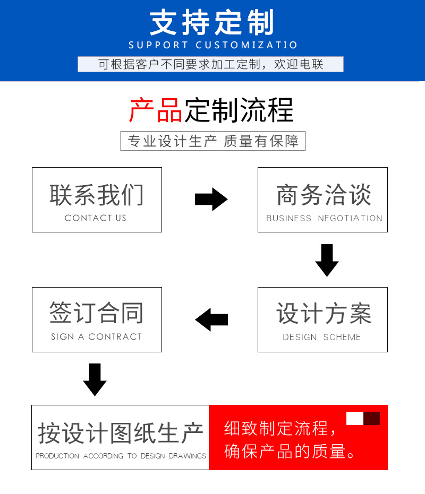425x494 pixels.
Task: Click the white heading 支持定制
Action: tap(212, 23)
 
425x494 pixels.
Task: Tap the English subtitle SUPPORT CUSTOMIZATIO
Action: tap(213, 45)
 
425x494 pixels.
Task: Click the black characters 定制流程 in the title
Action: tap(239, 110)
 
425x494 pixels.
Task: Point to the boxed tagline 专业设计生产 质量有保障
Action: tap(213, 141)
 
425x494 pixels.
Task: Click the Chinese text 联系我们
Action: tap(97, 195)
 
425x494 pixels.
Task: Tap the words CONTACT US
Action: tap(96, 218)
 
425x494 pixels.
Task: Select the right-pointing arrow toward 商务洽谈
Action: tap(211, 200)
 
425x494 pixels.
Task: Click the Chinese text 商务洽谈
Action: tap(323, 195)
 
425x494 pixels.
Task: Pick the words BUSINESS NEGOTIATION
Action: tap(324, 218)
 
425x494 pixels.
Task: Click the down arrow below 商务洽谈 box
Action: tap(327, 260)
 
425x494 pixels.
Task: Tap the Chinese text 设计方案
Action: tap(323, 314)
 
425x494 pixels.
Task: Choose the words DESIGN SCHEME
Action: tap(322, 337)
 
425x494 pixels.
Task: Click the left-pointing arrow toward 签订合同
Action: tap(211, 319)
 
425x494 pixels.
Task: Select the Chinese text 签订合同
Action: tap(97, 313)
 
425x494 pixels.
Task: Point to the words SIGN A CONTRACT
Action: tap(97, 337)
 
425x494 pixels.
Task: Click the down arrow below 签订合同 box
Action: tap(95, 379)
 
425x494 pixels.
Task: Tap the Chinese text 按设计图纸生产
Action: tap(121, 434)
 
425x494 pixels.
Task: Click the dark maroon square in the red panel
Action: tap(371, 418)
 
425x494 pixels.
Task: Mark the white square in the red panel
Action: tap(354, 418)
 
